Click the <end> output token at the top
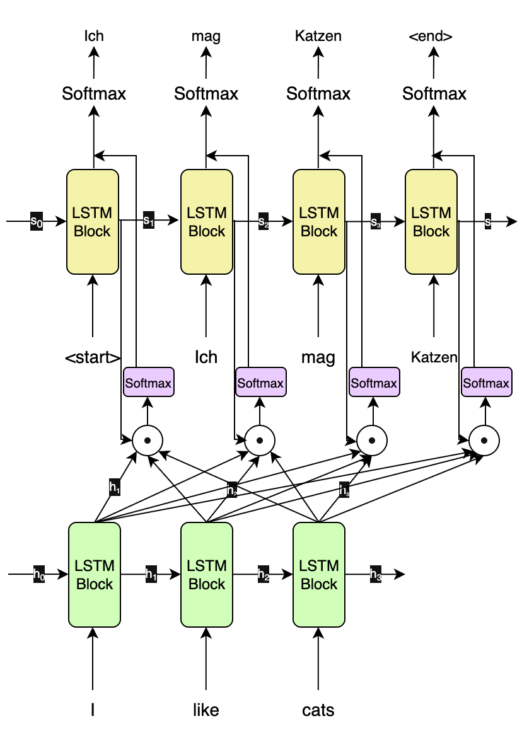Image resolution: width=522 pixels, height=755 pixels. point(431,37)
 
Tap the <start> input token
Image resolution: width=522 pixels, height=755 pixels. point(93,358)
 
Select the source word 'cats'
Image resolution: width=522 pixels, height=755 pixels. point(318,710)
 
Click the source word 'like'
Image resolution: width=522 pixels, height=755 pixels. point(206,710)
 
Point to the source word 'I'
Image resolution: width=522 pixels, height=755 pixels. point(93,710)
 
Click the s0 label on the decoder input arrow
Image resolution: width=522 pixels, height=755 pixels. point(37,221)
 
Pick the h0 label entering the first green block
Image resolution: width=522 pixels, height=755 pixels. point(38,574)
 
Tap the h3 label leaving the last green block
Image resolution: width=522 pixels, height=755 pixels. point(375,574)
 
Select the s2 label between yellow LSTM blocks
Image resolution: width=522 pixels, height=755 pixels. point(263,221)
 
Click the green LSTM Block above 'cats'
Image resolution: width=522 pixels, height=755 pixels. point(319,574)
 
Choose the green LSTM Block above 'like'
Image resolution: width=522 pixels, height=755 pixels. point(207,574)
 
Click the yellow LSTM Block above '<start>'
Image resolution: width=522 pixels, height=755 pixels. point(93,221)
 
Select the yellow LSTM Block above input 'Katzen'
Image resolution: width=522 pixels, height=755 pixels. point(431,221)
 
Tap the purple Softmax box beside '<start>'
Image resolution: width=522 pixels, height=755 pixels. point(148,383)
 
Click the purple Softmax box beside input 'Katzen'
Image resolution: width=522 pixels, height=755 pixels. point(486,383)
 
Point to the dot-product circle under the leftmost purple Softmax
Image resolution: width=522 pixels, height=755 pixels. point(148,440)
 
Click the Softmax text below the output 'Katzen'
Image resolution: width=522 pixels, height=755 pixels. point(318,94)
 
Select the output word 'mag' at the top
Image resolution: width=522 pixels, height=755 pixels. point(206,37)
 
